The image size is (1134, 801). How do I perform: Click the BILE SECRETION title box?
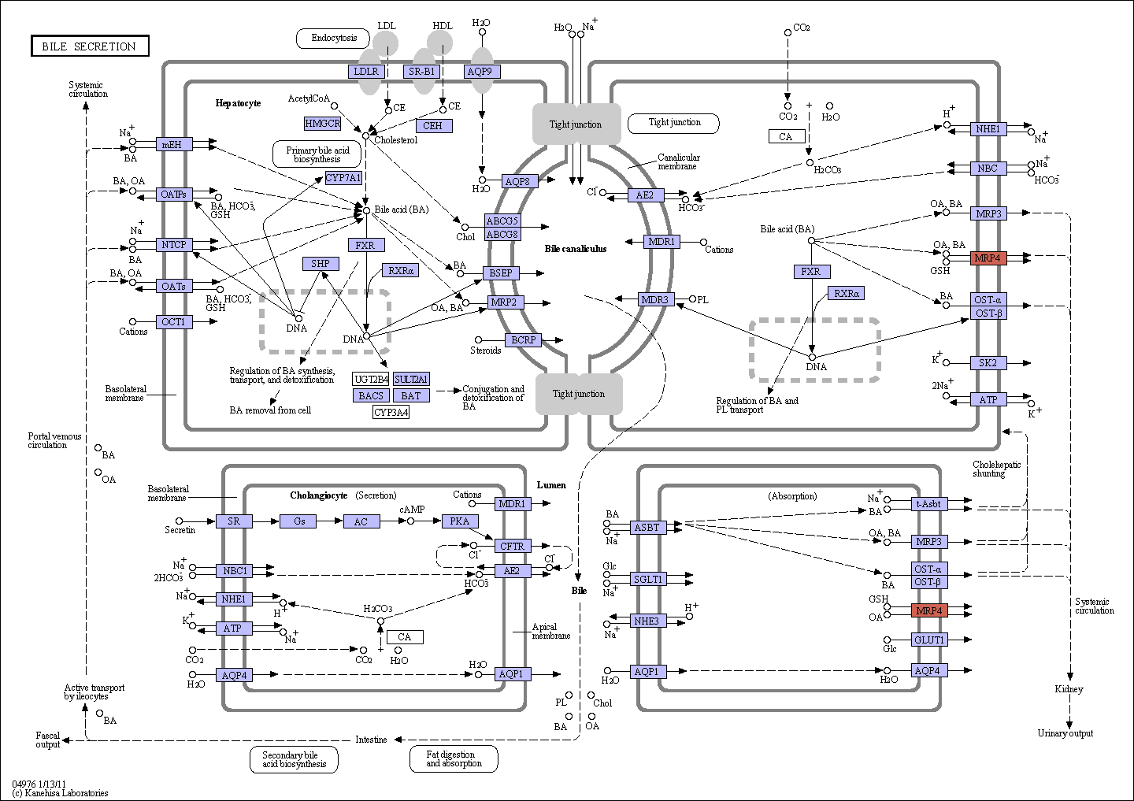(x=90, y=46)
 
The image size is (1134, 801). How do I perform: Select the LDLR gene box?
(x=366, y=72)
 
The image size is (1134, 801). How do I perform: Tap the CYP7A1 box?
(x=343, y=178)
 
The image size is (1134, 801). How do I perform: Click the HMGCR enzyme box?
(x=323, y=123)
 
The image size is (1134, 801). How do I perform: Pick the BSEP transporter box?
(x=501, y=273)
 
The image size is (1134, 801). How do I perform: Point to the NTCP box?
(x=173, y=244)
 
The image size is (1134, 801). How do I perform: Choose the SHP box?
(x=321, y=263)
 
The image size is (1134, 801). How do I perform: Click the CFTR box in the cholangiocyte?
(x=513, y=546)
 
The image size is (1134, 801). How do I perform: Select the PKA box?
(x=460, y=521)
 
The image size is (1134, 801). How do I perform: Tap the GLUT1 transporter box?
(x=929, y=640)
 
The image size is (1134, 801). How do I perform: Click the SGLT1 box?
(x=648, y=579)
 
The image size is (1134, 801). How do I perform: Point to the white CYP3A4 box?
(x=391, y=412)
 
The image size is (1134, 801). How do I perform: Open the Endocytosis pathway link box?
(x=333, y=39)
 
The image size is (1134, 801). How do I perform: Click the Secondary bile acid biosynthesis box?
(x=295, y=759)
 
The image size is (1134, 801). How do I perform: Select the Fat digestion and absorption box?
(x=454, y=759)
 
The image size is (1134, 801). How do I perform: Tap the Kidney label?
(x=1069, y=689)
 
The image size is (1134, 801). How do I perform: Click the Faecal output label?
(x=47, y=740)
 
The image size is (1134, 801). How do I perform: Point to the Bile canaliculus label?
(x=576, y=249)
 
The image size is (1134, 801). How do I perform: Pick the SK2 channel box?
(x=988, y=362)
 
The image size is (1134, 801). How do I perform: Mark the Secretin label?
(x=180, y=529)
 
